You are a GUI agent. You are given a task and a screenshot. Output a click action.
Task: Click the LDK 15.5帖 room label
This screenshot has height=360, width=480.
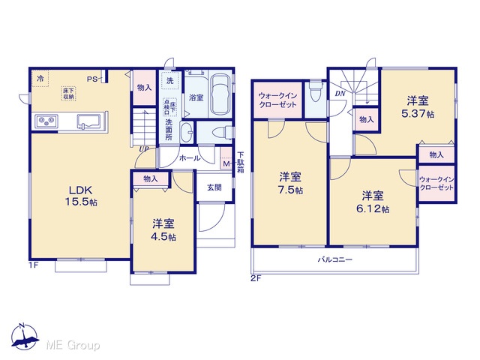[81, 196]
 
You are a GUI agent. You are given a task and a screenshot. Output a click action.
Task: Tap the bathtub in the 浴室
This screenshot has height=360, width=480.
[221, 95]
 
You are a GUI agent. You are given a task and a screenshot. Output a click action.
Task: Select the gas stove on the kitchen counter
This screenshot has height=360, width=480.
[46, 121]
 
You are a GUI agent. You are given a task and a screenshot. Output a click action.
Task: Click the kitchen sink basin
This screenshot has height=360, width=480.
[88, 121]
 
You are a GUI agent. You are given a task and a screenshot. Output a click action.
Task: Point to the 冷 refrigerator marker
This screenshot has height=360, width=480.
[40, 78]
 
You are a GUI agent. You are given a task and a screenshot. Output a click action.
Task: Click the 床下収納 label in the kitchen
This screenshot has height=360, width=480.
[68, 94]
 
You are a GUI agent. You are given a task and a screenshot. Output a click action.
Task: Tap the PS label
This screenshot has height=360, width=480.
[91, 79]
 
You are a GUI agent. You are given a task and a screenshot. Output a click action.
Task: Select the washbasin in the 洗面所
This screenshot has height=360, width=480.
[187, 132]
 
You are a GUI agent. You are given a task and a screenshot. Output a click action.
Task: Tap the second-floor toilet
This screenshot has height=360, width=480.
[315, 91]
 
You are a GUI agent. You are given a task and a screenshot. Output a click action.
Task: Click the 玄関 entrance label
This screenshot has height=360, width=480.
[214, 187]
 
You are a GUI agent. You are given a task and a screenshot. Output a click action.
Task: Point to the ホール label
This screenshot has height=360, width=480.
[190, 158]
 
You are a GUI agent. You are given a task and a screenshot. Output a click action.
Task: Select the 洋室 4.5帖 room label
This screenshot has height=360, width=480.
[163, 230]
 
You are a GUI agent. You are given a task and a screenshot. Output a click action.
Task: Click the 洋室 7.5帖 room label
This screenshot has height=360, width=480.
[290, 183]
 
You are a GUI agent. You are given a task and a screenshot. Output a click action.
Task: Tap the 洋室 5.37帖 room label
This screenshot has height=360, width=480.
[418, 107]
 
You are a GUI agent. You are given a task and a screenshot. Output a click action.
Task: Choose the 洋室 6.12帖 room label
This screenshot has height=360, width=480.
[373, 202]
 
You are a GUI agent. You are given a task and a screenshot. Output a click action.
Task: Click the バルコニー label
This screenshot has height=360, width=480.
[335, 260]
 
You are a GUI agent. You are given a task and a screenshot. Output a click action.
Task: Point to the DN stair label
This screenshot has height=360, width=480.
[340, 94]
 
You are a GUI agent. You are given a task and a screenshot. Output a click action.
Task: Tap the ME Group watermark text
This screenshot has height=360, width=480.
[73, 345]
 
